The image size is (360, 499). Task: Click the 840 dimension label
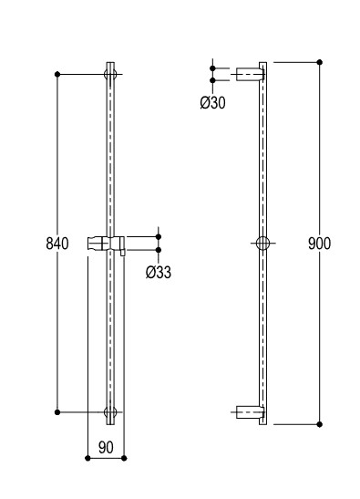(x=57, y=244)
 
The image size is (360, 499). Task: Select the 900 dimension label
(x=319, y=244)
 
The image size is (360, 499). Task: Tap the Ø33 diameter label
(x=159, y=272)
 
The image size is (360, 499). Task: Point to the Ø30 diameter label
(x=212, y=103)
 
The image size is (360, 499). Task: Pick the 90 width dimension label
(x=106, y=447)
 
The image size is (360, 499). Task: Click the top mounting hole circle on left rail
(x=110, y=75)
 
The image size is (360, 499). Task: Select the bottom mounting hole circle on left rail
(x=110, y=412)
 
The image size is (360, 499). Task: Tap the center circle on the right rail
(x=262, y=244)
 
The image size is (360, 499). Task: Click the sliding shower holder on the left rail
(x=107, y=244)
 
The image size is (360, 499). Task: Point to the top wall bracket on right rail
(x=250, y=75)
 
